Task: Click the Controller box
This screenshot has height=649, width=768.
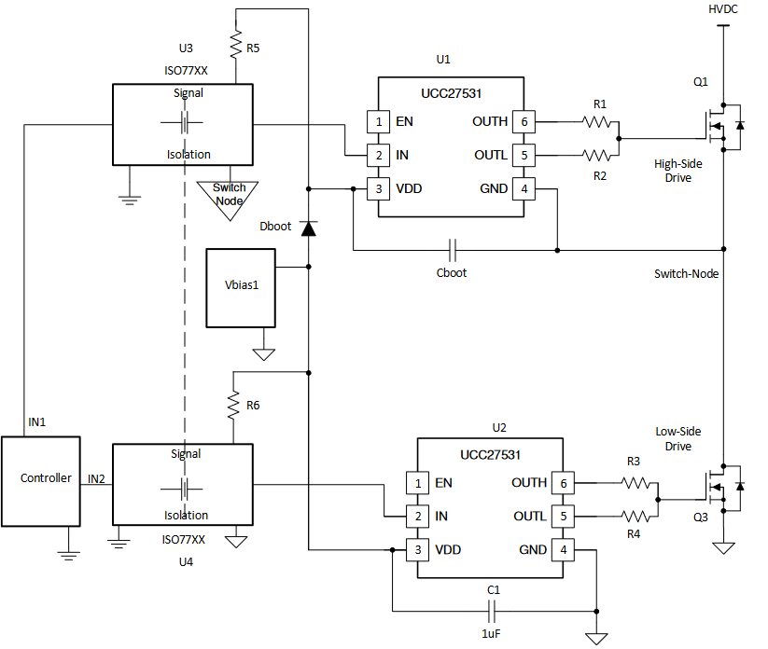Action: pyautogui.click(x=46, y=478)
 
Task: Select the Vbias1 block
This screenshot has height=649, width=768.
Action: pyautogui.click(x=241, y=288)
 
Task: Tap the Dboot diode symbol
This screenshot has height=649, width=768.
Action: pyautogui.click(x=308, y=227)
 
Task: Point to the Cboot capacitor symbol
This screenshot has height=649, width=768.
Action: pyautogui.click(x=452, y=250)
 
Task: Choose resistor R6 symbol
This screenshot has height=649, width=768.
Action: pyautogui.click(x=233, y=404)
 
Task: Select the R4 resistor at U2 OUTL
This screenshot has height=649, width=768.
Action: pyautogui.click(x=638, y=516)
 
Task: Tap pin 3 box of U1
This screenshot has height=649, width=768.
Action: pyautogui.click(x=377, y=188)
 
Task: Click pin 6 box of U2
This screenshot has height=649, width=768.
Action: pyautogui.click(x=563, y=483)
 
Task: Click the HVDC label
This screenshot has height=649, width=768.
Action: pyautogui.click(x=723, y=8)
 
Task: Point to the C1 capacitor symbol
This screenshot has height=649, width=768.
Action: pyautogui.click(x=495, y=611)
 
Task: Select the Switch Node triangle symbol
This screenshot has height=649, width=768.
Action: pyautogui.click(x=229, y=198)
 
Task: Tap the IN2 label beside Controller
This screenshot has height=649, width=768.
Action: pyautogui.click(x=96, y=478)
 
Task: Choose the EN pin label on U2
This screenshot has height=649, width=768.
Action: pyautogui.click(x=443, y=483)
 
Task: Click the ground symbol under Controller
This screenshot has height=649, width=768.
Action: pyautogui.click(x=66, y=554)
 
